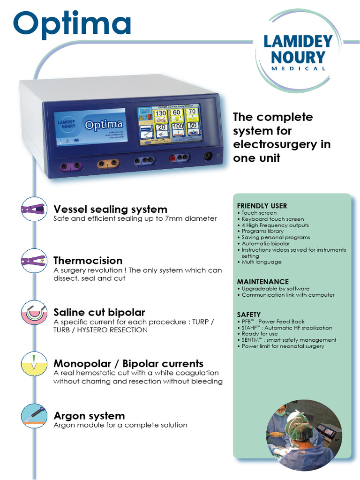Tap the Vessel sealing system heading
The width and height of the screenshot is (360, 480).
pos(110,209)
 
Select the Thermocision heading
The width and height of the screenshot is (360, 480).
pos(88,261)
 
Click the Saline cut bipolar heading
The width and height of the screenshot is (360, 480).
pos(99,312)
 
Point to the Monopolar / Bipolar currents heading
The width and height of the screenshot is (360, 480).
pos(128,364)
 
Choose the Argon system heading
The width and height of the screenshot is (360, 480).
pos(89,416)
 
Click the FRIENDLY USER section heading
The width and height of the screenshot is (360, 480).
pos(262,206)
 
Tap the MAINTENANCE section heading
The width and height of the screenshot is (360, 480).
pos(262,282)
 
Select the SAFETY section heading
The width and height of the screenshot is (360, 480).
pos(249,315)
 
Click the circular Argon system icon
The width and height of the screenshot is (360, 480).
pos(34,416)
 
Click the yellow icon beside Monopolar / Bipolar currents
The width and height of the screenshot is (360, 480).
pos(34,364)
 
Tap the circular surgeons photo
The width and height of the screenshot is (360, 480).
pos(303,435)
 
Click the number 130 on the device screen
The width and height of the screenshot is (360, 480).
pos(160,114)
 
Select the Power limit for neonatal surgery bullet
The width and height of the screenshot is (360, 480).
pos(283,346)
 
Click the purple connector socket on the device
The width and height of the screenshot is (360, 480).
pos(70,166)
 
